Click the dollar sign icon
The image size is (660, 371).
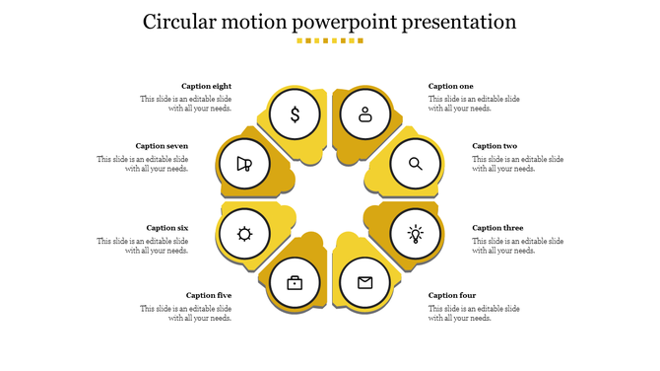tap(295, 114)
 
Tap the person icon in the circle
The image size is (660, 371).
tap(365, 114)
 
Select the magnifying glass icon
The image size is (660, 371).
tap(416, 164)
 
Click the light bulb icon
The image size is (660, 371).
tap(416, 234)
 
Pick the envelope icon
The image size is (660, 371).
tap(365, 283)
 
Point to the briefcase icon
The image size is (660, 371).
tap(295, 283)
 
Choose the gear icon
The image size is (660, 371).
tap(244, 234)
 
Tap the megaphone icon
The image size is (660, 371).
tap(244, 164)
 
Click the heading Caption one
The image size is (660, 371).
tap(451, 87)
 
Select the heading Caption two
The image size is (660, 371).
tap(495, 146)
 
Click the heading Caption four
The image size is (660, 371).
tap(452, 295)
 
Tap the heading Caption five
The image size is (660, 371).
tap(209, 295)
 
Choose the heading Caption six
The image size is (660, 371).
tap(167, 228)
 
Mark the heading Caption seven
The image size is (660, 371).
tap(162, 146)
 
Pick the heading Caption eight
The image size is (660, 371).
tap(207, 87)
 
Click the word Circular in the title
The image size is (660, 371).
tap(183, 22)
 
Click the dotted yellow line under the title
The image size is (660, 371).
tap(330, 40)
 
